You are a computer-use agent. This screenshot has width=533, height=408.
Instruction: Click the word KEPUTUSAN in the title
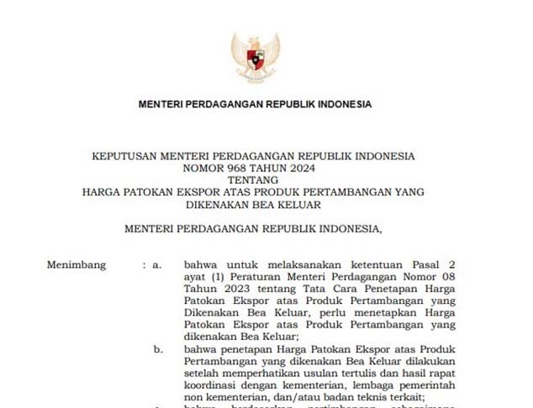[x=124, y=156]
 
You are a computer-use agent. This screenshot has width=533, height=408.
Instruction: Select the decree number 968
[x=249, y=168]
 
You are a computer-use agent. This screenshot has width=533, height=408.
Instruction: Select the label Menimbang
[x=77, y=265]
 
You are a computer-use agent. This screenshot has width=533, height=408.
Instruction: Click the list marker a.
[x=156, y=265]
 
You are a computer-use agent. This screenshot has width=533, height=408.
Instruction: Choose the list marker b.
[x=158, y=348]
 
